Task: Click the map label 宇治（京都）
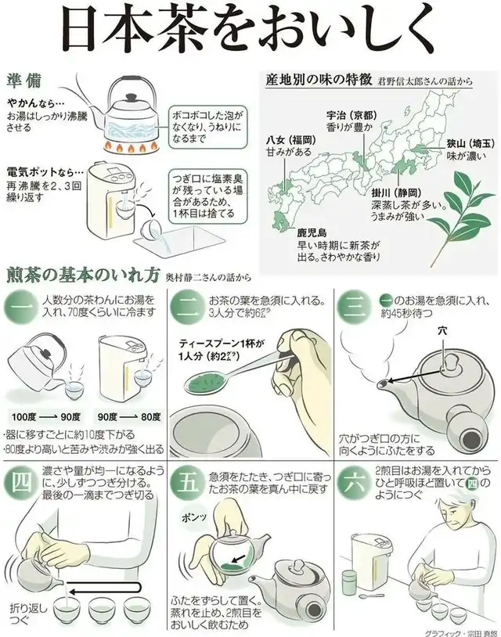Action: [x=352, y=115]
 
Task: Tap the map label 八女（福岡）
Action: [x=291, y=140]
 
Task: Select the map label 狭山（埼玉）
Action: [x=471, y=143]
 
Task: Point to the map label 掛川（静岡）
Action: [x=397, y=193]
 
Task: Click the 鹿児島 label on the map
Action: [x=312, y=232]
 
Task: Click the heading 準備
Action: [x=23, y=81]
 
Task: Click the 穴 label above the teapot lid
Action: [x=442, y=331]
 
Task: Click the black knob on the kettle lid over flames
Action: [x=131, y=98]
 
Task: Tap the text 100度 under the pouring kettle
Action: [x=23, y=417]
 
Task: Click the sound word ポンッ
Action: [x=194, y=517]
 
